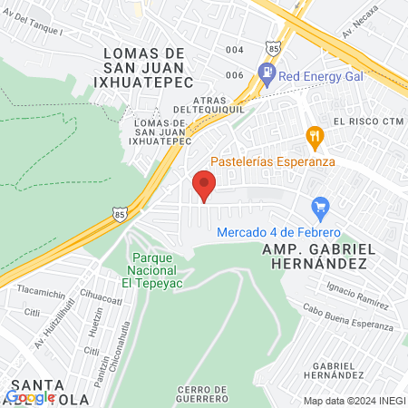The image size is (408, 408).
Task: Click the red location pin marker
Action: tap(204, 186)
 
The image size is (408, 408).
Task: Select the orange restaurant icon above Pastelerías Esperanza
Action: tap(315, 137)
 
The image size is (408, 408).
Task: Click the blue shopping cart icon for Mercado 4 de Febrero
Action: tap(318, 209)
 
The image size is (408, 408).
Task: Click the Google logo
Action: tap(30, 396)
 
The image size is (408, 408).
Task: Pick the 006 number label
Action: tap(235, 75)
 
